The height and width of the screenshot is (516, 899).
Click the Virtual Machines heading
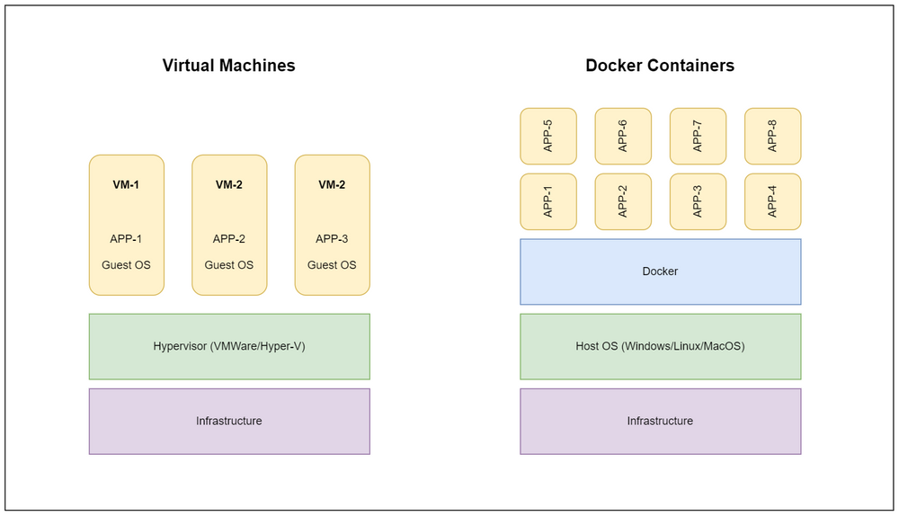[x=228, y=66]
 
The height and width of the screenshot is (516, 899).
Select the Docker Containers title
[x=660, y=66]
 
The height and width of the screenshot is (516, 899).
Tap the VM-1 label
[x=126, y=185]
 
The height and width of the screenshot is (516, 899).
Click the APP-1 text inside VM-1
[x=126, y=239]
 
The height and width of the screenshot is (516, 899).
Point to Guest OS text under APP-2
[x=229, y=265]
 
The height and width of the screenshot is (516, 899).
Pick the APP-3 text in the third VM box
[x=332, y=239]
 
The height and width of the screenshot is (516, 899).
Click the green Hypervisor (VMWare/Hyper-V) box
[x=229, y=346]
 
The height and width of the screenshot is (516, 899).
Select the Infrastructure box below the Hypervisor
[x=229, y=421]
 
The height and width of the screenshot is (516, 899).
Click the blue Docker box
[x=660, y=271]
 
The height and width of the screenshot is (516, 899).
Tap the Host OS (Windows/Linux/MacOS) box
[x=660, y=346]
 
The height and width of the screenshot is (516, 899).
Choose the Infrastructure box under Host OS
[x=660, y=421]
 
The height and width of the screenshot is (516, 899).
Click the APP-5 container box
[x=548, y=137]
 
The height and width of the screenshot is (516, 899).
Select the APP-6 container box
[x=623, y=137]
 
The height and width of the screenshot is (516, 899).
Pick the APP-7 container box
[x=698, y=137]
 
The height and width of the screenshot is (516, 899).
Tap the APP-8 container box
[x=772, y=137]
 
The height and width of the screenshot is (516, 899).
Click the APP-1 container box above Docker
[x=548, y=202]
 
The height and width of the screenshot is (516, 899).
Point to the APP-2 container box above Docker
[x=623, y=202]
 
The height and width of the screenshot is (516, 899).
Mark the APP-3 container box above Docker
[x=698, y=202]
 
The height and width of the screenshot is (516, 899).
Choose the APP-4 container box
[x=772, y=202]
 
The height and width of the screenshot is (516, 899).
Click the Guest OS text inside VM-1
[x=126, y=265]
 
